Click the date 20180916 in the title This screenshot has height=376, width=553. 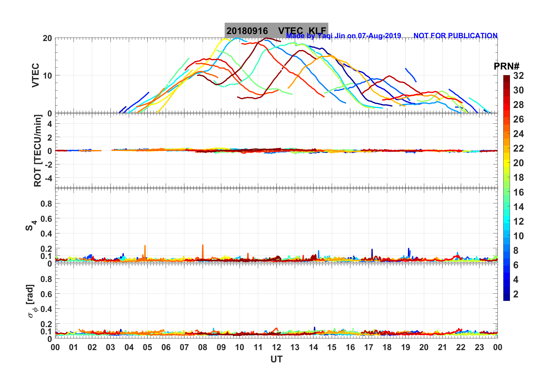[x=247, y=31]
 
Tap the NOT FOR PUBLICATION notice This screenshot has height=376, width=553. [x=455, y=36]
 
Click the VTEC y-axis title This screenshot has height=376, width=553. [x=35, y=75]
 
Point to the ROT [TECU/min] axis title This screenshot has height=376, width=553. [x=38, y=150]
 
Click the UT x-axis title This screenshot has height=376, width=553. [x=276, y=359]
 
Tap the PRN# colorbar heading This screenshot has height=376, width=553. [x=506, y=66]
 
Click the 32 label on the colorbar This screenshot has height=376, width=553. [x=518, y=76]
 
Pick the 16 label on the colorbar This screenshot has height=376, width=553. [x=518, y=192]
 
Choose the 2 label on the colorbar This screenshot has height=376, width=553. [x=516, y=294]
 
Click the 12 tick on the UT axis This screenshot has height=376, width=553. [x=276, y=347]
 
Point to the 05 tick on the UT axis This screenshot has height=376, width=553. [x=147, y=347]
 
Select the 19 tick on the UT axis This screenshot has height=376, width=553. [x=405, y=347]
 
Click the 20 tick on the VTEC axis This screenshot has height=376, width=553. [x=47, y=38]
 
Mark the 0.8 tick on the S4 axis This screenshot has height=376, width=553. [x=46, y=204]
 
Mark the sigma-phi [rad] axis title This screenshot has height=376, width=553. [x=31, y=301]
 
